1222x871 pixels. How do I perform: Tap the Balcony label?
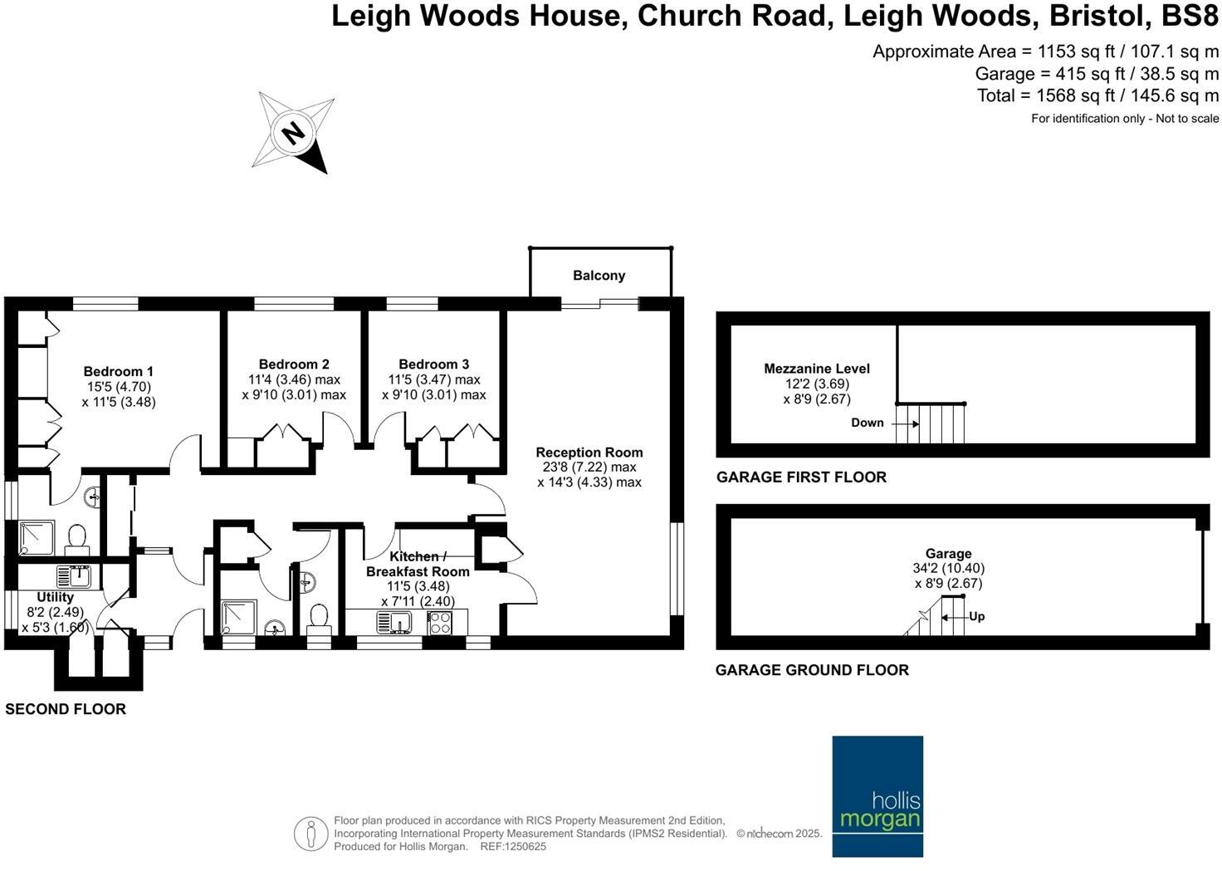[x=599, y=276]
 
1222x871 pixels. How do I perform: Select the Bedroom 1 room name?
[x=119, y=371]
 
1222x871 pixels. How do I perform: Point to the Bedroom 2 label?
[x=294, y=364]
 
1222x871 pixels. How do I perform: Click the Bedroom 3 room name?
[x=433, y=364]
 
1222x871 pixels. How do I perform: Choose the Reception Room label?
[x=589, y=453]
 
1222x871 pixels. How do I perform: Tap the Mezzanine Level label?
[x=816, y=369]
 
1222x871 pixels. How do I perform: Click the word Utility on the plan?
[x=55, y=597]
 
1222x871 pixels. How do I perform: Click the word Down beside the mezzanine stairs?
[x=867, y=423]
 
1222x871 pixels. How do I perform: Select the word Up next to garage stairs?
[x=977, y=617]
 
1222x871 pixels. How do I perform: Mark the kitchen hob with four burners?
[x=439, y=623]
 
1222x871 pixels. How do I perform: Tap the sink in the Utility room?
[x=74, y=575]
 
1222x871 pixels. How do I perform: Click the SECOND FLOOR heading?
[x=66, y=709]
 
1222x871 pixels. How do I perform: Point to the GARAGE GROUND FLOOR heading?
[x=811, y=670]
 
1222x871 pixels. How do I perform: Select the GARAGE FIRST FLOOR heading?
[x=801, y=477]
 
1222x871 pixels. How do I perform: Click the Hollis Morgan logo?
[x=877, y=795]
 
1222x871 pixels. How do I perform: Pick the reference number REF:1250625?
[x=511, y=847]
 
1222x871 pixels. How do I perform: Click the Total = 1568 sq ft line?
[x=1097, y=95]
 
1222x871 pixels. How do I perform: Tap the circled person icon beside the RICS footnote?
[x=310, y=833]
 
